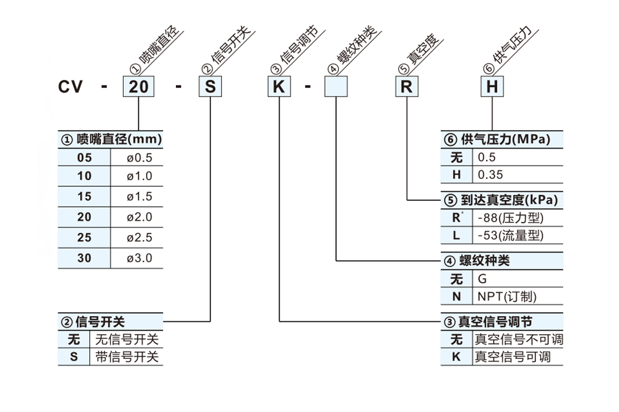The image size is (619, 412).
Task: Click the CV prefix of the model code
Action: [x=71, y=87]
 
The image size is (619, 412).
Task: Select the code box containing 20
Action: [x=139, y=87]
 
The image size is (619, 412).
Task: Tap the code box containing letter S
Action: [x=210, y=87]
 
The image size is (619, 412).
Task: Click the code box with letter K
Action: [x=279, y=87]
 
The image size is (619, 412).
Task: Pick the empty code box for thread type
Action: [x=336, y=87]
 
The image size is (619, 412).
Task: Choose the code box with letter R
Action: [x=407, y=87]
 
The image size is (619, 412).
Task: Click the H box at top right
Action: [x=492, y=87]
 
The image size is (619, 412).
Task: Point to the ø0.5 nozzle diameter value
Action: [x=140, y=158]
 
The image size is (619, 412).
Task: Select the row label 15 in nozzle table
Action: [x=84, y=197]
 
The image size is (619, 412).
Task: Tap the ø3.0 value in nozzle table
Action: [x=140, y=258]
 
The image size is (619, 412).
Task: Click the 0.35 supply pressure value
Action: [x=490, y=175]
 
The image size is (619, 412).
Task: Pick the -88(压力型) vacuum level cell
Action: [x=511, y=218]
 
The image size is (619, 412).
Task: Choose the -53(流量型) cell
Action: [x=511, y=235]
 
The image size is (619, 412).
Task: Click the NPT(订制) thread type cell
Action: [x=507, y=297]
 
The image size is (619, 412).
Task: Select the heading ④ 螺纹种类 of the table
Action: [x=477, y=261]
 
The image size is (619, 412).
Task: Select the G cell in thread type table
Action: [x=482, y=279]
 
